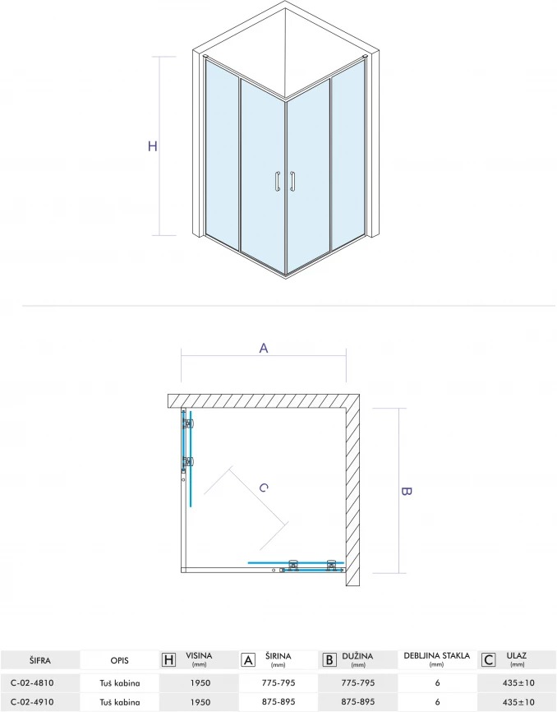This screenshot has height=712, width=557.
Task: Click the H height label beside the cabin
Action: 153,146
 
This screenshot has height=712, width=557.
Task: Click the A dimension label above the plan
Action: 264,349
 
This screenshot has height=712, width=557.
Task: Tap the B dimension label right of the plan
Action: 407,492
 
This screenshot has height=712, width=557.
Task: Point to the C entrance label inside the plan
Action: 264,488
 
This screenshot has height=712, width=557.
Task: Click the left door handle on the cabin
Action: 277,182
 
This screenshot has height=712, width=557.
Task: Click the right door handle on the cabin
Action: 293,182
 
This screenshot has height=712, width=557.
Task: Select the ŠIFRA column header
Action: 40,661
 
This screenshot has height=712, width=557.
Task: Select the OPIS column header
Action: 120,661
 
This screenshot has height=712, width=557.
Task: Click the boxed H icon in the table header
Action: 168,659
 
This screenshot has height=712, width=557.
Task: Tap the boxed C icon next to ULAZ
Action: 488,659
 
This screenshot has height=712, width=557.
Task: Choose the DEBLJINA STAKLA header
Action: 437,656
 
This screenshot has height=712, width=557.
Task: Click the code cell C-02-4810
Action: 32,682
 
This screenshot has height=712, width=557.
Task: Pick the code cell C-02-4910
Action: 32,701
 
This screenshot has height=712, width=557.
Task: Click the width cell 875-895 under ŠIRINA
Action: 278,701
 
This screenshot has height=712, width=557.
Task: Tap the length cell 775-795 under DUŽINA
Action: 358,682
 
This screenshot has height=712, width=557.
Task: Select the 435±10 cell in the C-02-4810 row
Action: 518,682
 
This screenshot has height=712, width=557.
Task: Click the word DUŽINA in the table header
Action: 357,656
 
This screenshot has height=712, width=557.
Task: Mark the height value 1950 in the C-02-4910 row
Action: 200,701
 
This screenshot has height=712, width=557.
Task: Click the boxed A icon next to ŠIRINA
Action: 248,659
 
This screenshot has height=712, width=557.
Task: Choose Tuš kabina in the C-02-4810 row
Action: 120,682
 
